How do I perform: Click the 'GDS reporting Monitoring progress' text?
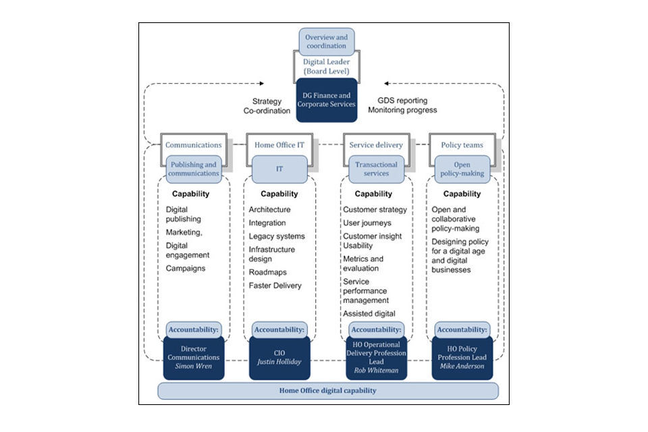click(403, 105)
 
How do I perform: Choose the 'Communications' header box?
click(194, 144)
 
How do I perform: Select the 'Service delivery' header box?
click(376, 144)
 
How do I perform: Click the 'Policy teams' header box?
click(461, 144)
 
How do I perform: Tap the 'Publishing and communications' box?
click(194, 169)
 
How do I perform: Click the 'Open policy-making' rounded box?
click(462, 169)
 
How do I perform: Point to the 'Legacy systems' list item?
click(277, 236)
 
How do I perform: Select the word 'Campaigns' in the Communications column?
click(186, 268)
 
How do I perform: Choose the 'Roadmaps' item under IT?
click(267, 272)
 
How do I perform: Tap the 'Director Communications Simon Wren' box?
click(194, 358)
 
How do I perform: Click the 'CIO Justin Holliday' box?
click(279, 358)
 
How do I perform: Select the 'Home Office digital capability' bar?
click(327, 391)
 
